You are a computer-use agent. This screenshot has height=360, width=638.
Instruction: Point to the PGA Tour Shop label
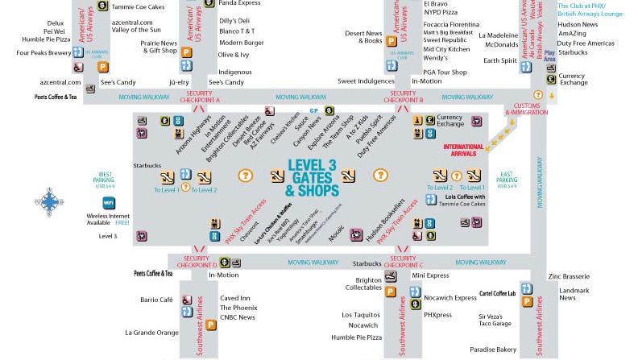click(439, 72)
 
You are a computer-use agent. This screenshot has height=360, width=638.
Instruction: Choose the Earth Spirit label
click(499, 60)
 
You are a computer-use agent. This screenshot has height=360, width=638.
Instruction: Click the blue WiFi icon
click(108, 201)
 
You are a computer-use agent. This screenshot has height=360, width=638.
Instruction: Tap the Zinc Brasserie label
click(569, 275)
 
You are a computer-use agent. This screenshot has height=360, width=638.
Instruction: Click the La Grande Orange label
click(151, 332)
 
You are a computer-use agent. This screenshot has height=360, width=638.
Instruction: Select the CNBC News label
click(237, 317)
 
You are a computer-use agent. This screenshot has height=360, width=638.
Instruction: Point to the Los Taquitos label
click(359, 315)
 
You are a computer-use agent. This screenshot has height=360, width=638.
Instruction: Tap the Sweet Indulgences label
click(367, 81)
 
